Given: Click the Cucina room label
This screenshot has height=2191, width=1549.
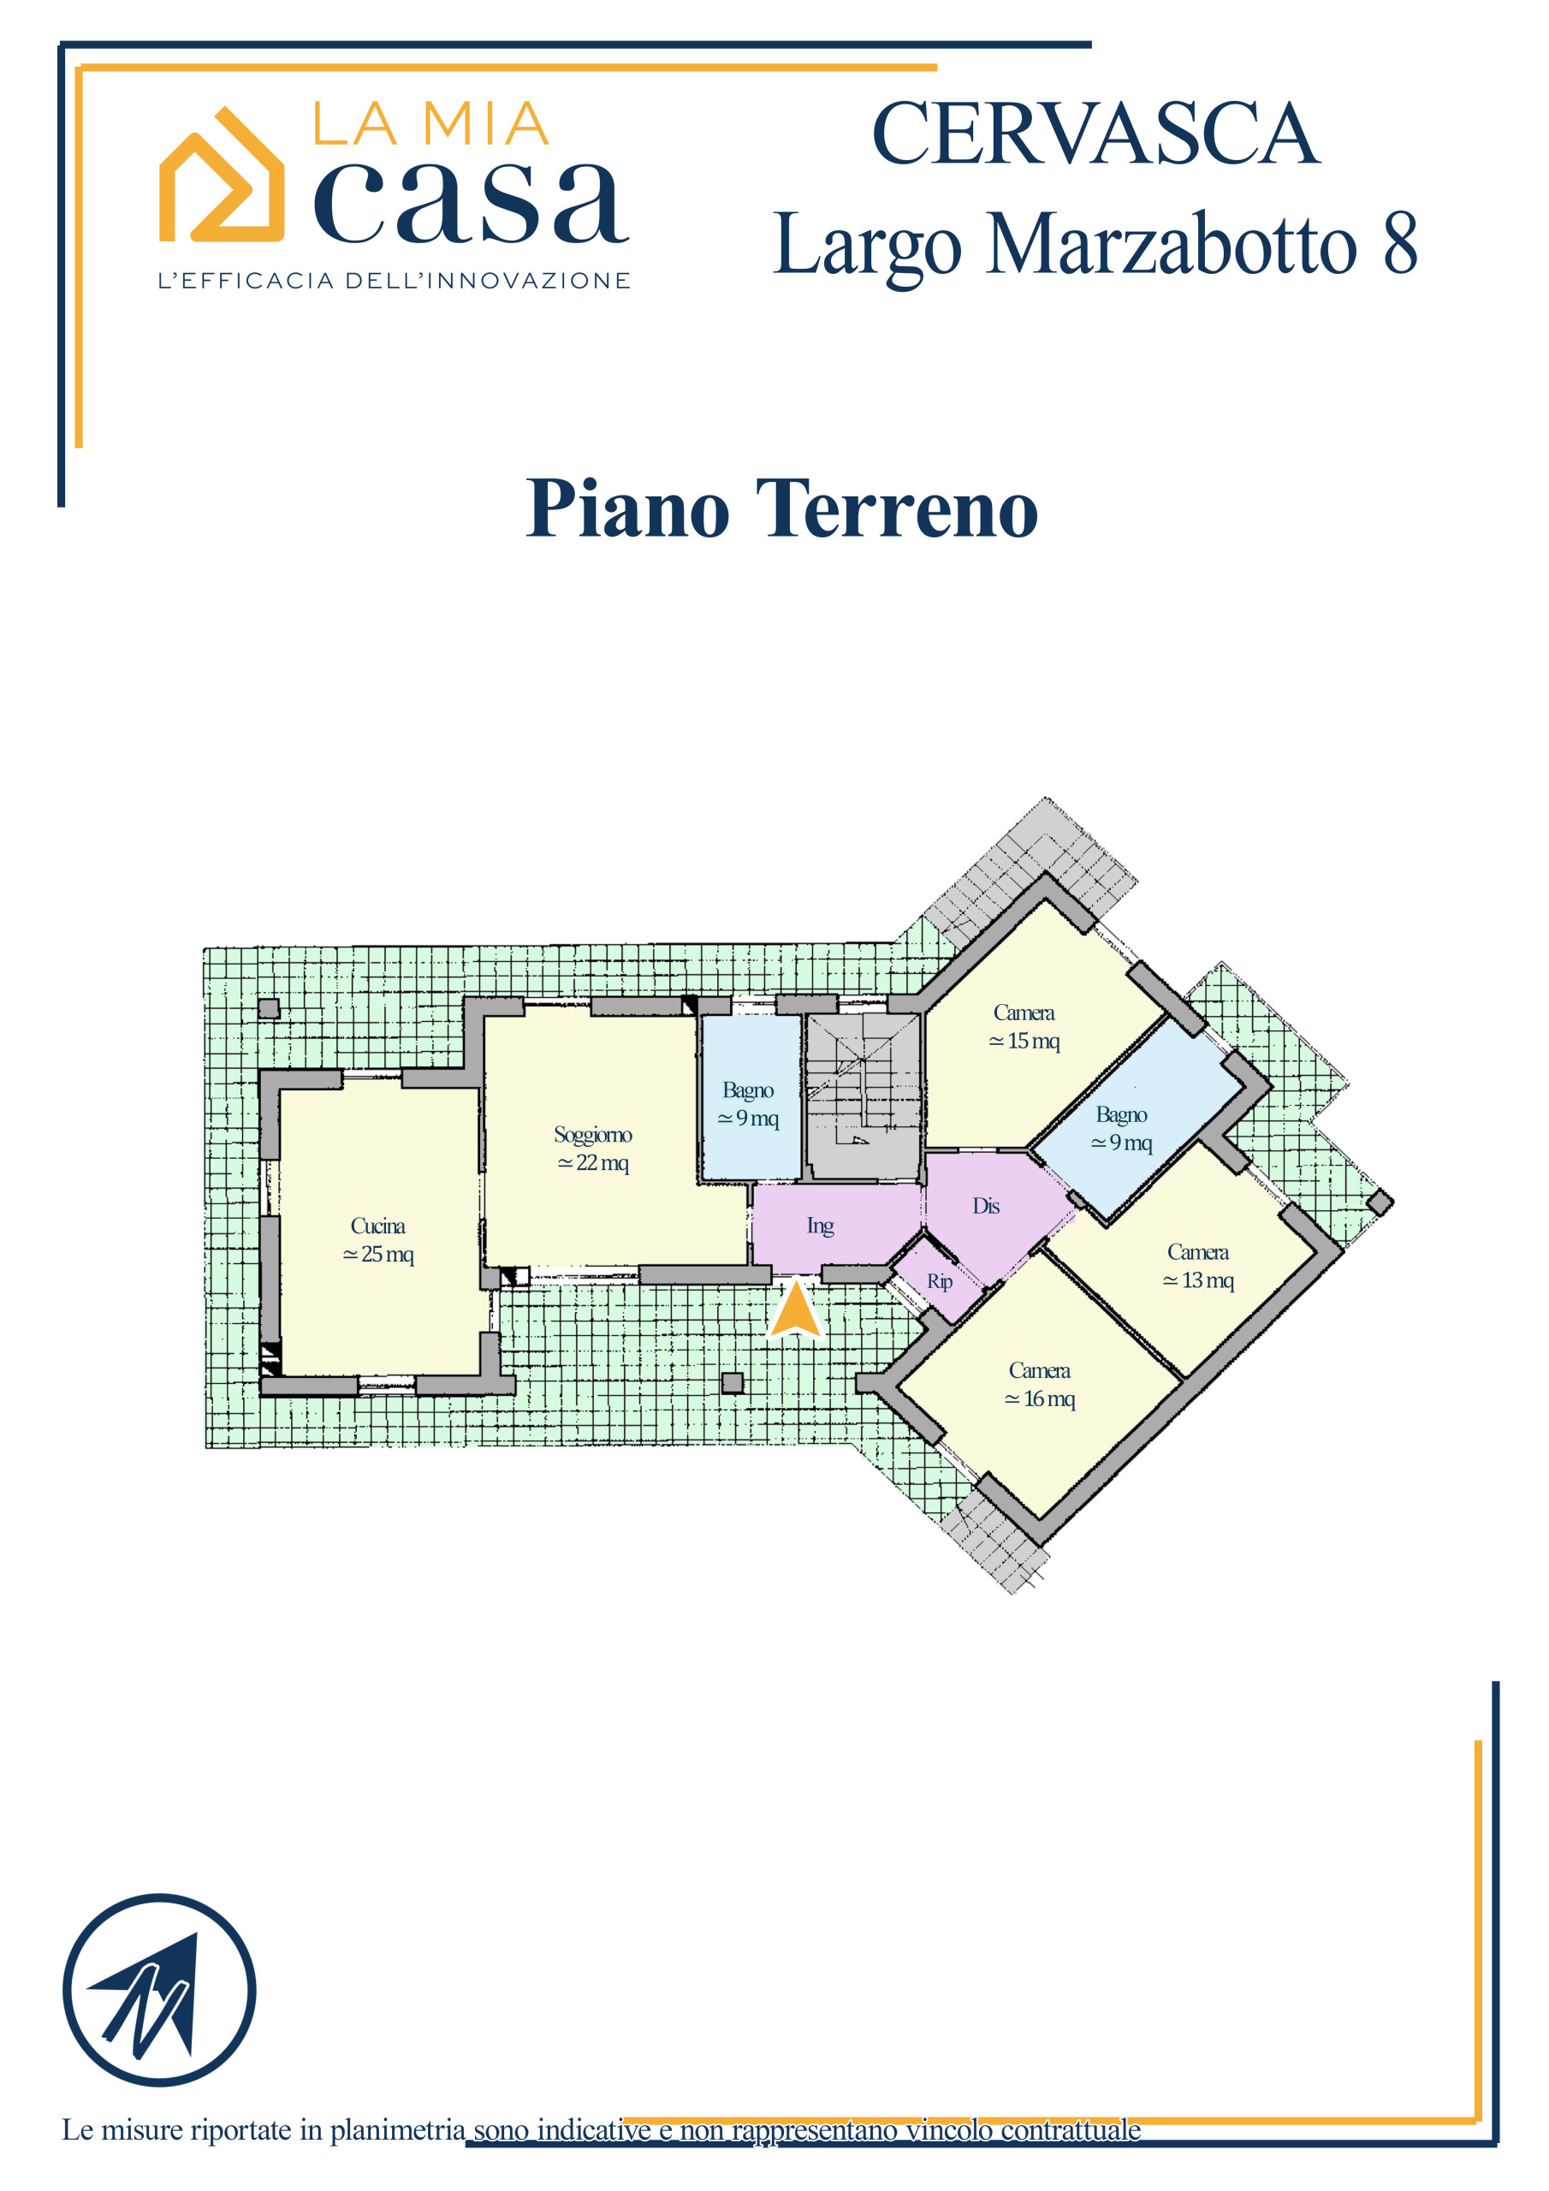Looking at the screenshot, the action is [x=378, y=1239].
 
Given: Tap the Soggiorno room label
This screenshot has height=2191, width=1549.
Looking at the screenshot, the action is [x=593, y=1148].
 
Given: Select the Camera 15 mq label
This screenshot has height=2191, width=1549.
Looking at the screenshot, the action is [x=1024, y=1026].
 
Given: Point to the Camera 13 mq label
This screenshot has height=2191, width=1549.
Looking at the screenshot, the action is [x=1198, y=1265].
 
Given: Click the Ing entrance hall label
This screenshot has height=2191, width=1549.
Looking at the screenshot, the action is [x=820, y=1226].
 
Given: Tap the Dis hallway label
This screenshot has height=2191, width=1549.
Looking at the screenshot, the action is [x=986, y=1206].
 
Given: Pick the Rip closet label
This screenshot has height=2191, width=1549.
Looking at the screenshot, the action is [x=939, y=1281].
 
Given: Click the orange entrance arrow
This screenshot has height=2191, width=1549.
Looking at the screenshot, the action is [x=795, y=1309].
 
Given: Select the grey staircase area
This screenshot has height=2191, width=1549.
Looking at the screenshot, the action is [x=863, y=1096].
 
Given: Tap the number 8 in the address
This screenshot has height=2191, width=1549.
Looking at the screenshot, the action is [x=1399, y=243].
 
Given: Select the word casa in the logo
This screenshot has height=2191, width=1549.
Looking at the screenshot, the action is [x=472, y=201].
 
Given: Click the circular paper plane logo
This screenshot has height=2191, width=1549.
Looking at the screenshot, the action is [x=159, y=1990].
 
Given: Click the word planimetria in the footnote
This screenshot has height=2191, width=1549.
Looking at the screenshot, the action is [x=398, y=2131].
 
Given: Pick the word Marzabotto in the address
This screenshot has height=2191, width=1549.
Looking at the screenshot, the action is [x=1171, y=243].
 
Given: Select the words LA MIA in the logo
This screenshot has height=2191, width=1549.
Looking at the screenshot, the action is [x=431, y=124].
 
